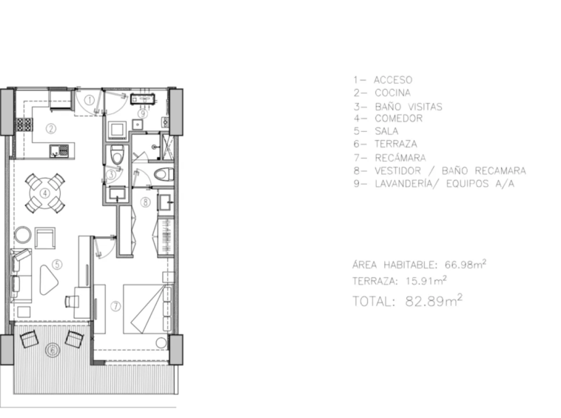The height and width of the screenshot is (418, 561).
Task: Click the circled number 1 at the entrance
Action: click(90, 100)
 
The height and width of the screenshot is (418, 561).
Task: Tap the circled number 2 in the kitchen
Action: click(51, 129)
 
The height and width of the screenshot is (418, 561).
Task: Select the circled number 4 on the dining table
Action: click(44, 193)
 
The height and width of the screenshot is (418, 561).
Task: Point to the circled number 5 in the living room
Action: click(57, 265)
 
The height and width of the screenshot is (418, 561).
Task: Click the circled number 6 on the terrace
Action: click(53, 350)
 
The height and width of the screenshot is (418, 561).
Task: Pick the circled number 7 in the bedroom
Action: click(115, 306)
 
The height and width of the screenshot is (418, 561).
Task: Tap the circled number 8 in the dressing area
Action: click(145, 202)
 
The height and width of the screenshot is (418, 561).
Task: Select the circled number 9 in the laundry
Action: click(142, 114)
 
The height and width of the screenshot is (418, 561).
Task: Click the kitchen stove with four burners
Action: click(24, 125)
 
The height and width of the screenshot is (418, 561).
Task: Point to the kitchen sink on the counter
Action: click(59, 150)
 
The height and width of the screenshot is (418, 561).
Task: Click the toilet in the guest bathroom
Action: click(117, 154)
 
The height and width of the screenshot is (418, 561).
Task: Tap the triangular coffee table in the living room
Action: click(48, 279)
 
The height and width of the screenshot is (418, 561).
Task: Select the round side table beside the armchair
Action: click(23, 235)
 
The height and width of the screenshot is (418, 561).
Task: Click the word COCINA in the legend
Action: click(392, 93)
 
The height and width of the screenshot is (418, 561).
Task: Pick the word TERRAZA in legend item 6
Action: click(396, 144)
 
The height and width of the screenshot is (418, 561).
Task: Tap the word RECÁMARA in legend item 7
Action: click(400, 158)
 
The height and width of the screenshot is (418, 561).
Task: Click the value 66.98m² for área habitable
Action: click(466, 265)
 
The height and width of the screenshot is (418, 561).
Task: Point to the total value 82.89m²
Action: click(434, 300)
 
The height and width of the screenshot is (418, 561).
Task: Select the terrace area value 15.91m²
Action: click(426, 280)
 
